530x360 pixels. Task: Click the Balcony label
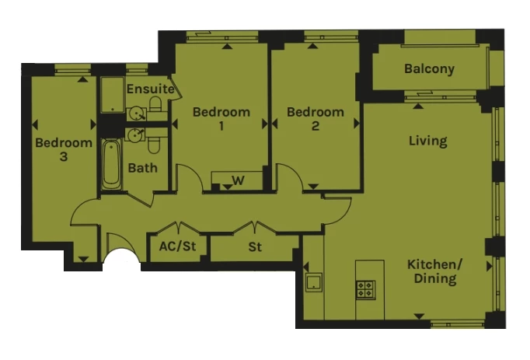click(429, 69)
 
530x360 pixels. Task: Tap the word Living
click(428, 141)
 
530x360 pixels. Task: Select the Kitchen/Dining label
click(434, 271)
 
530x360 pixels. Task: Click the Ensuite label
click(150, 89)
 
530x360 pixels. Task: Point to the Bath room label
click(143, 168)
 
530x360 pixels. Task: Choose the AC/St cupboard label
click(177, 246)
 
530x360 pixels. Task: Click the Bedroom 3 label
click(64, 149)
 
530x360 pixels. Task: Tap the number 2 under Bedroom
click(315, 126)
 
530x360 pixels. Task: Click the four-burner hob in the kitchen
click(365, 289)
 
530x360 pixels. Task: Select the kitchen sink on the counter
click(314, 282)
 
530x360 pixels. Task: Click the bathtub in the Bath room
click(112, 164)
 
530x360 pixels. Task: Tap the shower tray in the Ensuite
click(113, 94)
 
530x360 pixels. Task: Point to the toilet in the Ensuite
click(156, 104)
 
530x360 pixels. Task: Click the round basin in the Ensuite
click(138, 114)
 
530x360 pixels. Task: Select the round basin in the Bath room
click(136, 135)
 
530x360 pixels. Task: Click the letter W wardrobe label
click(239, 180)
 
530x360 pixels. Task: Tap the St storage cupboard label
click(255, 247)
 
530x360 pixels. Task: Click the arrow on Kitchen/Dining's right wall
click(489, 267)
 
